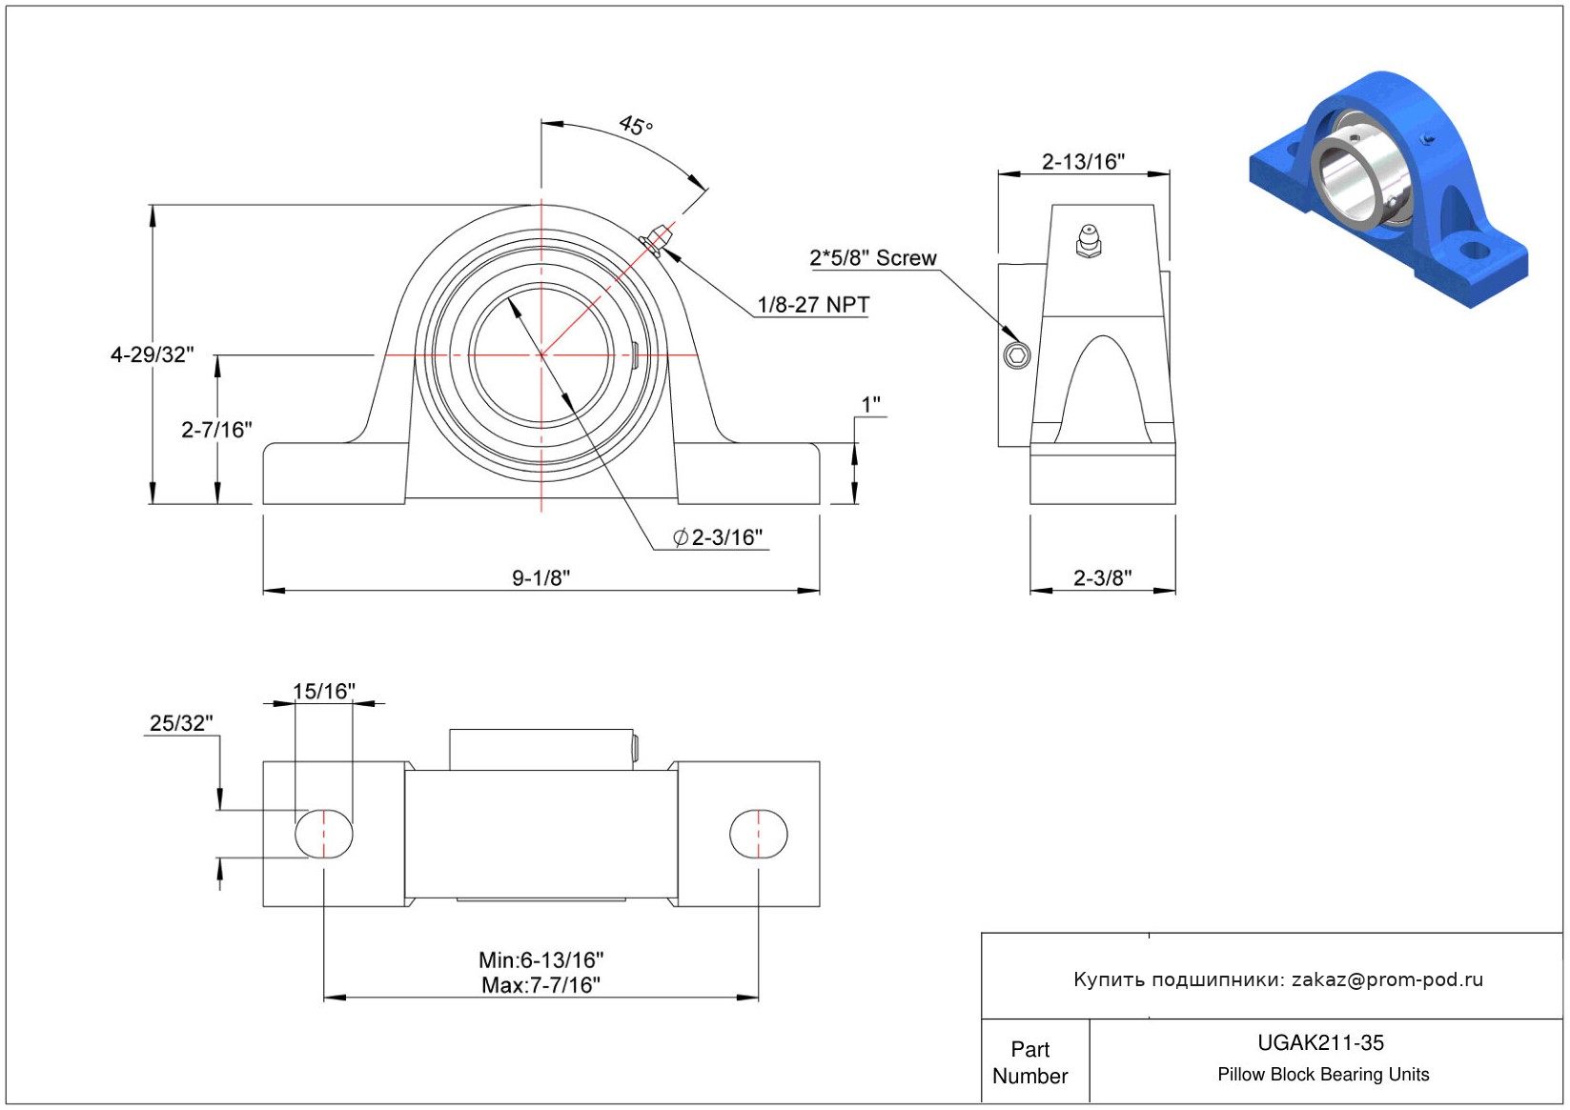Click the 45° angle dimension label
(x=636, y=125)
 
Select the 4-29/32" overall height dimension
(x=153, y=354)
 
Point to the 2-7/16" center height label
(x=216, y=430)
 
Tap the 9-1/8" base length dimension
(x=540, y=577)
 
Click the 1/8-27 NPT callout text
(x=813, y=305)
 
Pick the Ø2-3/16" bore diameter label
(x=719, y=537)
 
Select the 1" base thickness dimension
(x=870, y=405)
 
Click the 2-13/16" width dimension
(x=1083, y=161)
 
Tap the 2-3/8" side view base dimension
(x=1102, y=577)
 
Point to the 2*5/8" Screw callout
(x=872, y=258)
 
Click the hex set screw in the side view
(x=1017, y=356)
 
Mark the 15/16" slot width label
(x=323, y=691)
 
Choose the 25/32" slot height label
(x=181, y=723)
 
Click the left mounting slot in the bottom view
(x=324, y=834)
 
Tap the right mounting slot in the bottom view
(x=759, y=834)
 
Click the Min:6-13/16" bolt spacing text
(x=540, y=959)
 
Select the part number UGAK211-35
(x=1320, y=1042)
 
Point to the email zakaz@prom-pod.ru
(x=1387, y=979)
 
